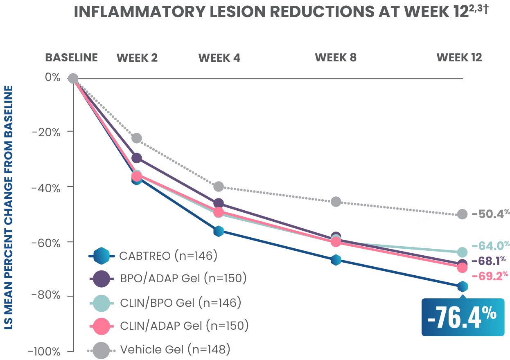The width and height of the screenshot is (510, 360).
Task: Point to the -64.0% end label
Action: click(490, 246)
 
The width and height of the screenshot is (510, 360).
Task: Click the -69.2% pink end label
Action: click(490, 276)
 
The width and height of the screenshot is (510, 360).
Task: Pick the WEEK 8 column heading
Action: click(336, 58)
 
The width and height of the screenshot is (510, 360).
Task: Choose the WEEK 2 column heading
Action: click(137, 58)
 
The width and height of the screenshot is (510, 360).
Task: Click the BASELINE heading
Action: click(71, 57)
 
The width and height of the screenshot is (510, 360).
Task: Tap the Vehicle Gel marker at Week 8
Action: click(336, 202)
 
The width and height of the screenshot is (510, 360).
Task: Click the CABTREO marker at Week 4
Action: click(219, 231)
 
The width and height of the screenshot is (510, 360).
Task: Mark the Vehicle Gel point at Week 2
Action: click(137, 138)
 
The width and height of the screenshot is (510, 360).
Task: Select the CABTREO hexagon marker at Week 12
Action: click(463, 286)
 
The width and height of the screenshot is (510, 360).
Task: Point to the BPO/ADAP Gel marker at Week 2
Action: click(137, 158)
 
